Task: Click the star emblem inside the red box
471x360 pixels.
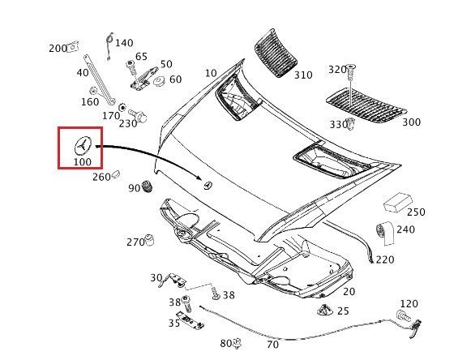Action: point(83,145)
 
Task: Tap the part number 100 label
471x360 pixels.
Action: point(83,162)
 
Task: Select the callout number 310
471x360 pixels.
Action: point(303,75)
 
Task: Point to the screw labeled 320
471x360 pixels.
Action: point(350,72)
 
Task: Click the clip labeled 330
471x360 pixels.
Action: point(350,124)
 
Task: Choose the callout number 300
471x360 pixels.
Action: point(412,122)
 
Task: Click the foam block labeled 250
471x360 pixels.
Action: point(397,203)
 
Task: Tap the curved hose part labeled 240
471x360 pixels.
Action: point(385,233)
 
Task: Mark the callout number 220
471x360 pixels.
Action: point(385,259)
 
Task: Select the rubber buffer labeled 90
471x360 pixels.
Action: point(148,187)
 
